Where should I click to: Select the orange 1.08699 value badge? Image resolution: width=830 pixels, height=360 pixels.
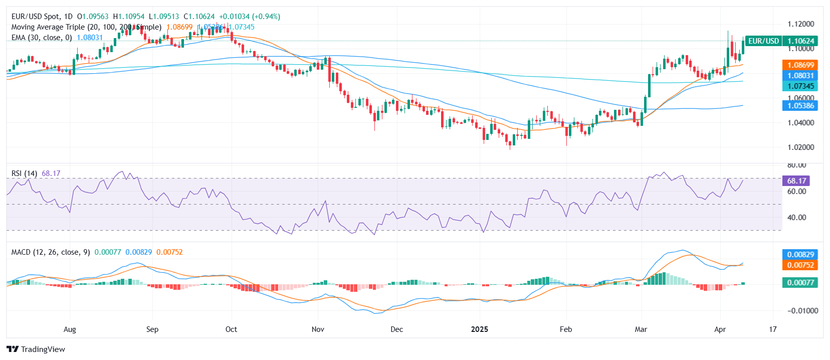click(x=800, y=65)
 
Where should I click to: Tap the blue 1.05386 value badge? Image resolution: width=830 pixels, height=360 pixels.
click(x=800, y=106)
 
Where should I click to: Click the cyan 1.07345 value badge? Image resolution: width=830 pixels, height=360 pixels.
click(x=800, y=86)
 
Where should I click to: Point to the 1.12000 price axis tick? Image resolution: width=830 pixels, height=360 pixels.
click(x=800, y=24)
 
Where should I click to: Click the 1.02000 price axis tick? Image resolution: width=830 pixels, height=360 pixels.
click(x=800, y=147)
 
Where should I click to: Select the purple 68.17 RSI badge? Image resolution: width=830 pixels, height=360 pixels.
click(x=796, y=181)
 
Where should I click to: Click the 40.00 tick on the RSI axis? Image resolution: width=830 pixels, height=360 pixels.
click(x=796, y=218)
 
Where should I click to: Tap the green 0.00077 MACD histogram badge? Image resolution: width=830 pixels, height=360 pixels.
click(x=800, y=283)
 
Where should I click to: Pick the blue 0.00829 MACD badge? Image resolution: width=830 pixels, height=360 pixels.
click(x=800, y=255)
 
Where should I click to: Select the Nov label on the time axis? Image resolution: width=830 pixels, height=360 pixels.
click(x=318, y=329)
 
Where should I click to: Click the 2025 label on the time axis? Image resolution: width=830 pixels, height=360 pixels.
click(x=480, y=329)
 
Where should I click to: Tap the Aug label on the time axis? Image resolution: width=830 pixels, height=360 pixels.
click(x=70, y=329)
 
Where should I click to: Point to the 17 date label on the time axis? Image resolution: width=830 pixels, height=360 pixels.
click(x=773, y=329)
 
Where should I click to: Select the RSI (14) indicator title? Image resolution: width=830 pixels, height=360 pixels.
click(x=24, y=173)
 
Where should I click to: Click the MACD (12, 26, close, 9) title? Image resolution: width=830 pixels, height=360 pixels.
click(x=51, y=252)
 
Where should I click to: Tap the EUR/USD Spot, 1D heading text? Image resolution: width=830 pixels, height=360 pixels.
click(x=42, y=17)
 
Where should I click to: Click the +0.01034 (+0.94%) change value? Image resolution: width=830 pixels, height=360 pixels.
click(x=250, y=17)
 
